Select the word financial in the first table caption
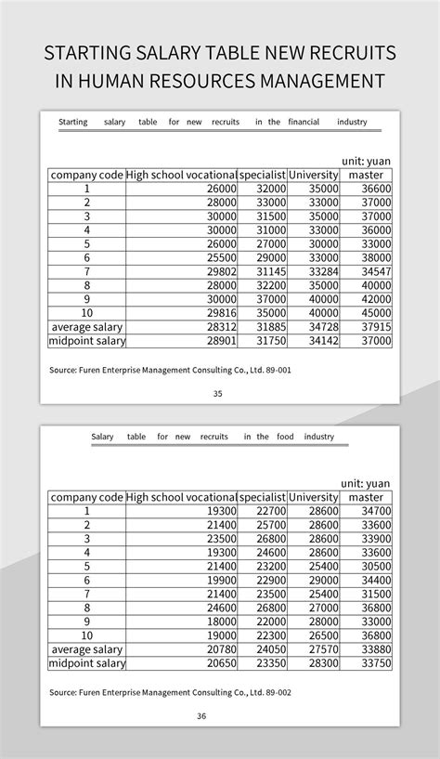click(304, 122)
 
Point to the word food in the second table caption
click(284, 437)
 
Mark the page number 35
click(218, 393)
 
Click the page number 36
click(201, 715)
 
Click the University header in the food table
click(313, 497)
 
